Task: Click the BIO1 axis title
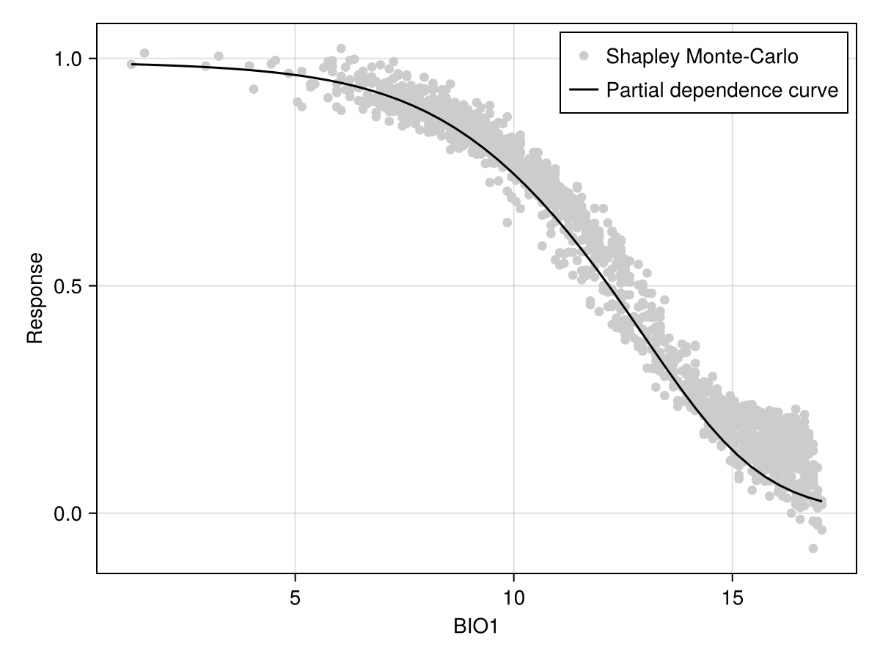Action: tap(477, 628)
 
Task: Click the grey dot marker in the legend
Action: tap(584, 56)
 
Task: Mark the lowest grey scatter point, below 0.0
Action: tap(813, 549)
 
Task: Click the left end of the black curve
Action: tap(132, 65)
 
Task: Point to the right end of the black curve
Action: tap(821, 502)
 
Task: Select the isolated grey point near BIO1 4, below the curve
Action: tap(254, 89)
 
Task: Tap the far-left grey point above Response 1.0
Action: tap(144, 53)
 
